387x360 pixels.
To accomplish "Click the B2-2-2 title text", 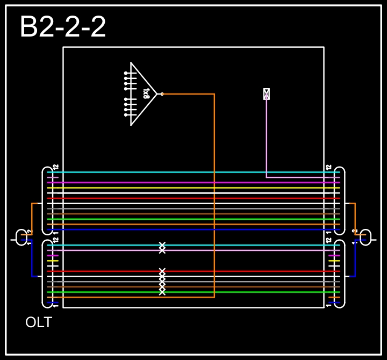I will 63,27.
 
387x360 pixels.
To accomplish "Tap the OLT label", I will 39,322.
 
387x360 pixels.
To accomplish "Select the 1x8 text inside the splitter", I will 146,94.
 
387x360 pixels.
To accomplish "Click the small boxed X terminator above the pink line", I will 266,94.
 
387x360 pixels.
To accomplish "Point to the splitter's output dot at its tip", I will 162,94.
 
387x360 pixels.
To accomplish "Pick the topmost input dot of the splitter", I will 126,73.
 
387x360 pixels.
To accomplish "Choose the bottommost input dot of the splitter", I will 126,115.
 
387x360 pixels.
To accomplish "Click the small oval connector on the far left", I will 21,237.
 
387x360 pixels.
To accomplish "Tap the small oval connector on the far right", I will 365,237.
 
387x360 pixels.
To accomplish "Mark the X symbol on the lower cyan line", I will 162,245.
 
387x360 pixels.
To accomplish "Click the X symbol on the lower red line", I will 162,271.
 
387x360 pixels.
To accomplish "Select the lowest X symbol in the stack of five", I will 162,292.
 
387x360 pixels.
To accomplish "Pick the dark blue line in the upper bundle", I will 193,229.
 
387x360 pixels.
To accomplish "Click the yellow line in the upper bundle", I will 193,188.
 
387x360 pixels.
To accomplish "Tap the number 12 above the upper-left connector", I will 55,167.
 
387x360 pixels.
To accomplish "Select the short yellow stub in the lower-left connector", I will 52,261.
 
